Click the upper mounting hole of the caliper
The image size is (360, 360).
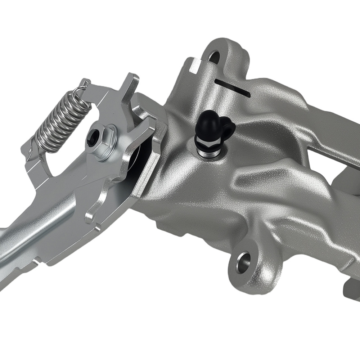[x=215, y=55]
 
